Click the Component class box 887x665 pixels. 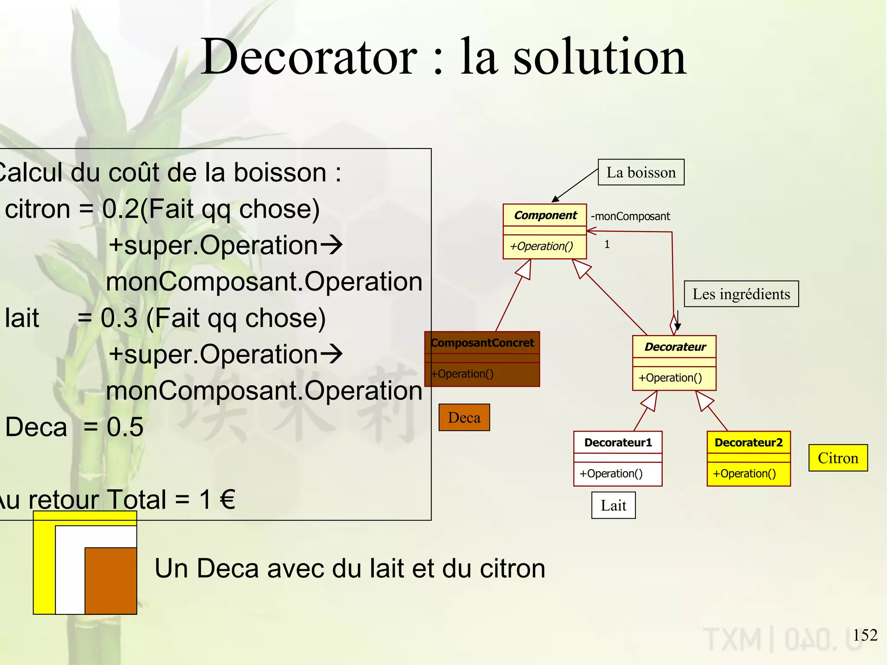click(544, 231)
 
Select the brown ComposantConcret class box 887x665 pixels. click(482, 359)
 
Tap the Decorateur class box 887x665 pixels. click(674, 363)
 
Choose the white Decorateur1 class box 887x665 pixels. click(618, 458)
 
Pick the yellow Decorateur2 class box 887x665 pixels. click(748, 458)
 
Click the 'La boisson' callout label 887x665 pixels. click(641, 172)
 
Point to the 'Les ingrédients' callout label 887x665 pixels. click(741, 294)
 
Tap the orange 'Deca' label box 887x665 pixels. click(464, 417)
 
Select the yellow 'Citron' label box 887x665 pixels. click(838, 458)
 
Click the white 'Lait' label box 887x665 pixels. click(613, 505)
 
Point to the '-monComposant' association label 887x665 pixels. click(630, 216)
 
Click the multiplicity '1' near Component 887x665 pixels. click(607, 245)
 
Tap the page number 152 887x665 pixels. click(864, 635)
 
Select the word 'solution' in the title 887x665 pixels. click(599, 57)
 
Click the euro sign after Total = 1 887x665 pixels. click(227, 499)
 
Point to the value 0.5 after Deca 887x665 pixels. click(125, 427)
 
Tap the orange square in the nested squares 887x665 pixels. click(111, 580)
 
